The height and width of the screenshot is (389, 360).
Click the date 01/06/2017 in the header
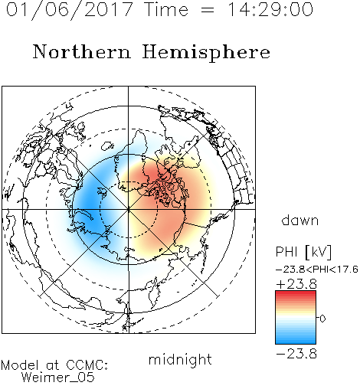coord(69,10)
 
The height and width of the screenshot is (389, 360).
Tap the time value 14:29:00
coord(270,9)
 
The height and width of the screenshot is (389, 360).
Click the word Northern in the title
coord(82,51)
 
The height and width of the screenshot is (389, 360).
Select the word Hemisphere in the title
coord(206,53)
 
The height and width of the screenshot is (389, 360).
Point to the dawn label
coord(300,220)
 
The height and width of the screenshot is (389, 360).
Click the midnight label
coord(180,359)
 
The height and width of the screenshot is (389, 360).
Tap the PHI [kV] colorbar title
coord(303,252)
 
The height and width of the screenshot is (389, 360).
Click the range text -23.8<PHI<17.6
coord(317,270)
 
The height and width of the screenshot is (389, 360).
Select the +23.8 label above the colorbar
coord(296,284)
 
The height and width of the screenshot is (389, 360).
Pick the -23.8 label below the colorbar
coord(296,354)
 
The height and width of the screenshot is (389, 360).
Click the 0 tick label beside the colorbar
coord(322,319)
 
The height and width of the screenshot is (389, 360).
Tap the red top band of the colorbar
coord(296,294)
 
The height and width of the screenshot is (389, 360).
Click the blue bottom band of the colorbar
coord(296,340)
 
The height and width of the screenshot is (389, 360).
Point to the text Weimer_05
coord(58,377)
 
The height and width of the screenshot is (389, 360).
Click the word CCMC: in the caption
coord(87,365)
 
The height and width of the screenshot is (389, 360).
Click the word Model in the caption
coord(20,365)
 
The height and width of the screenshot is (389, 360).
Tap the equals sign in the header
coord(208,10)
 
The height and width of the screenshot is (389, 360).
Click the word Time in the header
coord(166,9)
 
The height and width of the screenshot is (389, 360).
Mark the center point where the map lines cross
coord(129,209)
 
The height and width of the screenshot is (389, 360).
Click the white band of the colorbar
coord(296,318)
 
